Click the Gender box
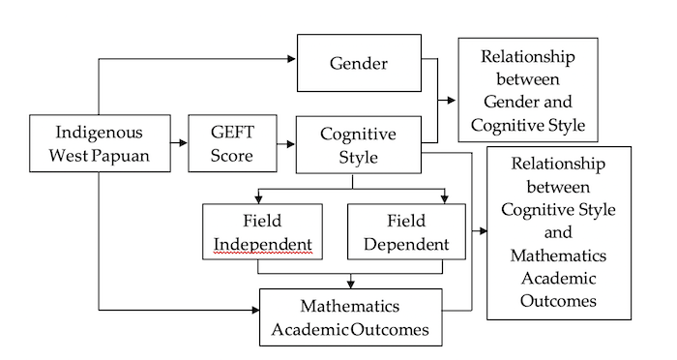(359, 63)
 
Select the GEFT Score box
(232, 143)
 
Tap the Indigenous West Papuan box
(100, 143)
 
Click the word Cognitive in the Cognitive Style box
(358, 134)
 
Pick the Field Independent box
(262, 231)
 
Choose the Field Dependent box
(406, 231)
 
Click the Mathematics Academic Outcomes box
(350, 317)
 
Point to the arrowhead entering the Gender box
(291, 59)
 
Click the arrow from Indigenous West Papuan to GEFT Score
(179, 142)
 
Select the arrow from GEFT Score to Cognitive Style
(286, 143)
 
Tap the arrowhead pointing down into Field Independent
(258, 199)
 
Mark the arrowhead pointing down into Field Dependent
(444, 199)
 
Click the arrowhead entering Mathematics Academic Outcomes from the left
(255, 310)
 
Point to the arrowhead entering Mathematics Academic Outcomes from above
(350, 284)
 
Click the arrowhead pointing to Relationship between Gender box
(452, 101)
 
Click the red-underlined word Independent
(262, 245)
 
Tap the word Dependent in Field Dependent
(406, 245)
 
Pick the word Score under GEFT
(232, 156)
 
